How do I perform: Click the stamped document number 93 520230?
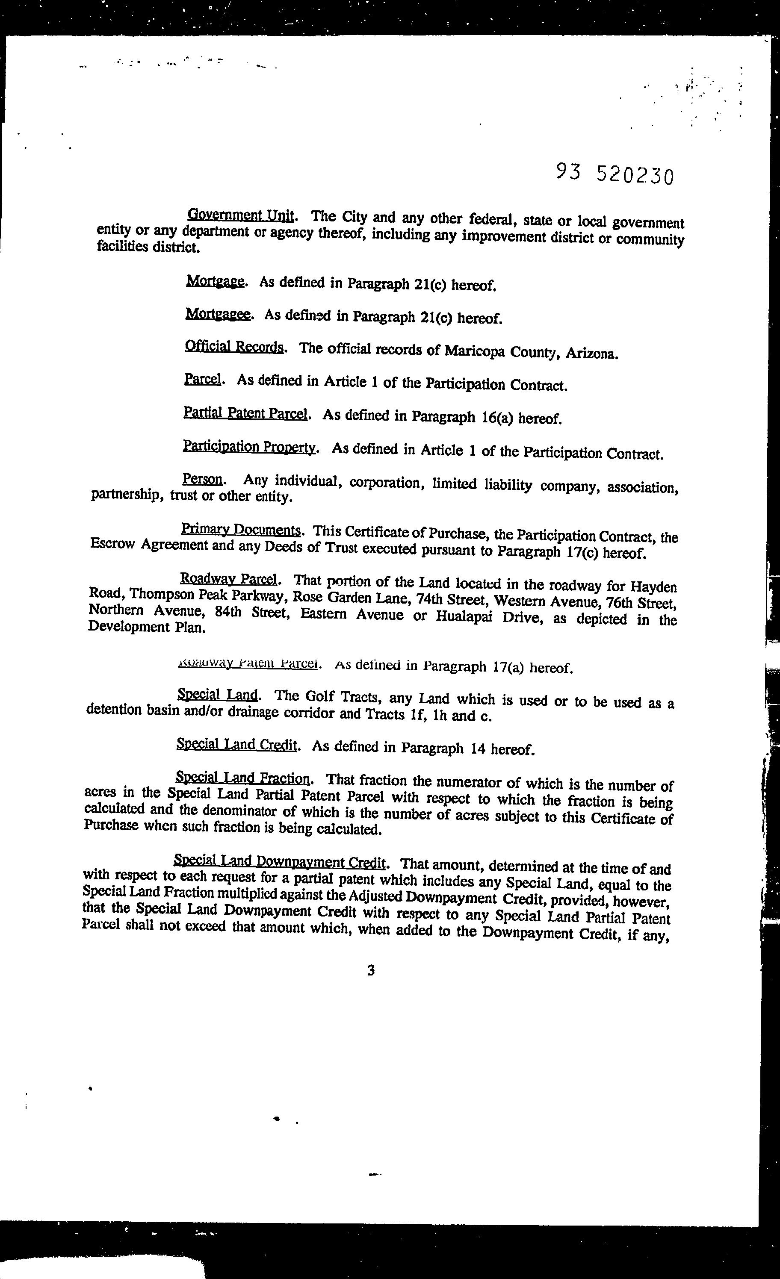coord(615,174)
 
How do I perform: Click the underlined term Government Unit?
coord(241,215)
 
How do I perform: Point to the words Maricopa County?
coord(501,351)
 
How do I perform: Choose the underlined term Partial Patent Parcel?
coord(245,413)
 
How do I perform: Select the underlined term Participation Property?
coord(249,447)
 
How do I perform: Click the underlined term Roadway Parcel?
coord(230,578)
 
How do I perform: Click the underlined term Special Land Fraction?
coord(242,778)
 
